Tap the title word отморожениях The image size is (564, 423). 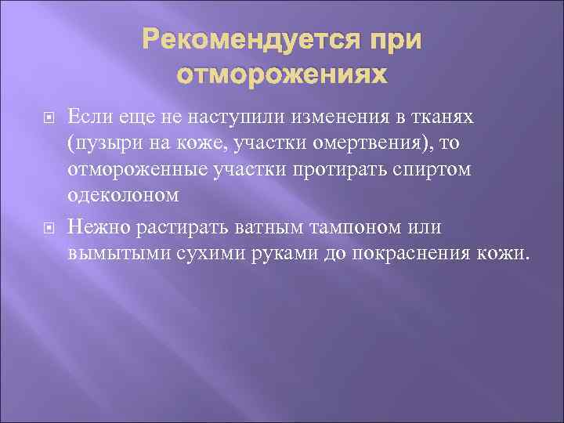282,74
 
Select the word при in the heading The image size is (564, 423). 394,40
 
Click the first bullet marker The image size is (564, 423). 45,119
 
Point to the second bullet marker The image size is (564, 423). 45,229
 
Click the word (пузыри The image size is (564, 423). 99,143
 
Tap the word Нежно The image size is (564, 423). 99,227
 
